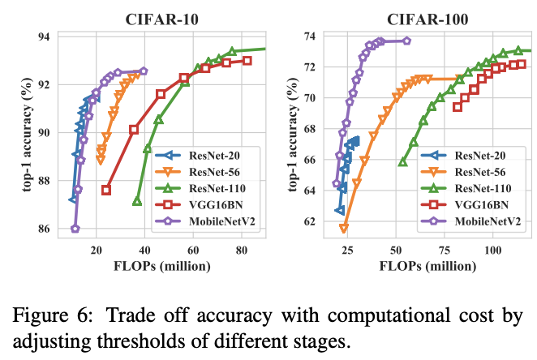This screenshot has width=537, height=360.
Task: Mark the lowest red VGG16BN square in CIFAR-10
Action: [x=106, y=190]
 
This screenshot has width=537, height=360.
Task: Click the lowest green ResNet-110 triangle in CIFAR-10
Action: [x=137, y=201]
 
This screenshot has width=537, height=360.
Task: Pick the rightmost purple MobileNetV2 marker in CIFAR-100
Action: [x=406, y=41]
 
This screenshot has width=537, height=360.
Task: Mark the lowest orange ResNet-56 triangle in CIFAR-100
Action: [x=344, y=229]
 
